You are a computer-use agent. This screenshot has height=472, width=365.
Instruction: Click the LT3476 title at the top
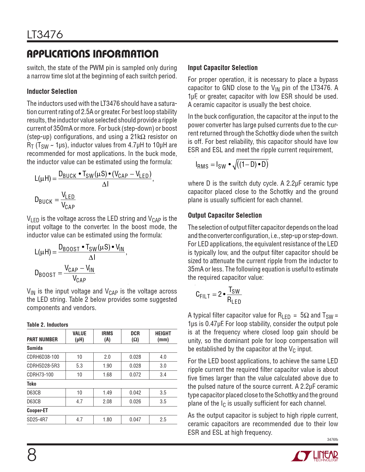click(45, 35)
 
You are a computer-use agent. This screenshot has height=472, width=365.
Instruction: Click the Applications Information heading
click(92, 54)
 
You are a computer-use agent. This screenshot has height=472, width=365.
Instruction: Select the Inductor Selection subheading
click(52, 92)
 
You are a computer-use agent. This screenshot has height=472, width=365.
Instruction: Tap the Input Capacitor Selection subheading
click(222, 68)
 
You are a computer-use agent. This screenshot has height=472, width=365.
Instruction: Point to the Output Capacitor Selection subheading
click(225, 215)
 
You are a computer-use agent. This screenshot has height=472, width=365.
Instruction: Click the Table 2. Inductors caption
click(47, 325)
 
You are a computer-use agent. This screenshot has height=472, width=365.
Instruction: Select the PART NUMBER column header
click(42, 340)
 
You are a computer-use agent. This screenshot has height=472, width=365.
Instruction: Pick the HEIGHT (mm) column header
click(163, 336)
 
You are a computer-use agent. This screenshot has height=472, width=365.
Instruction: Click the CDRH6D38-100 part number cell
click(43, 357)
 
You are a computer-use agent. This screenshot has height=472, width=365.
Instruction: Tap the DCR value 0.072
click(135, 375)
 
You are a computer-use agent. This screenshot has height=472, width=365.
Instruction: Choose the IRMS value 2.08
click(107, 402)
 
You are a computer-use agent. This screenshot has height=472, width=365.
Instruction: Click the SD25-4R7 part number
click(37, 420)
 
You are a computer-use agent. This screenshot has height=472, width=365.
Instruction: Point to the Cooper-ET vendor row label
click(37, 410)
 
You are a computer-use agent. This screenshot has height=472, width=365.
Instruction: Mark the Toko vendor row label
click(31, 384)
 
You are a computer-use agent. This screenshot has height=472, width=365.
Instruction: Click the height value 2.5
click(163, 420)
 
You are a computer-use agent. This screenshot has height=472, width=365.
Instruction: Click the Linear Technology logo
click(315, 456)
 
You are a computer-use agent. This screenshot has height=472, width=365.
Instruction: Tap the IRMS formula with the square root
click(232, 164)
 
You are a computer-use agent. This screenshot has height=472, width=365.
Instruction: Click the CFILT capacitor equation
click(218, 295)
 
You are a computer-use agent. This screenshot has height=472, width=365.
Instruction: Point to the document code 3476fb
click(332, 440)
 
